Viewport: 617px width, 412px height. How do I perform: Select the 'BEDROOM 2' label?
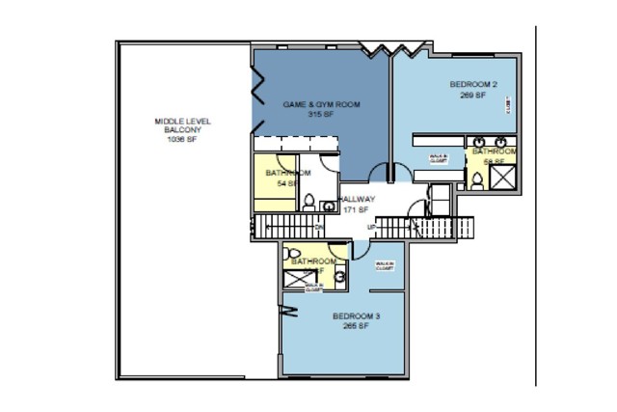[473, 85]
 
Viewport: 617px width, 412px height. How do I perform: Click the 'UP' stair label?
[370, 228]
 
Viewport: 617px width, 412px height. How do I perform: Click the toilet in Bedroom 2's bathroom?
[476, 179]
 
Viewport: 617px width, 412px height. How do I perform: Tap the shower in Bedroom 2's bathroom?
[502, 177]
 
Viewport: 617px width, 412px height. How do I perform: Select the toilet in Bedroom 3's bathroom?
[294, 255]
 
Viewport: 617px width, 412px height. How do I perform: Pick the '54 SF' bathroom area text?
[286, 183]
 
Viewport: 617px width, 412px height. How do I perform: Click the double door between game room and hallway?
[386, 175]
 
